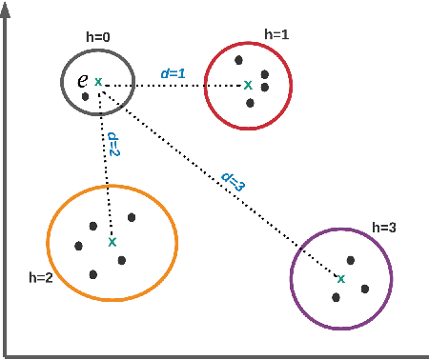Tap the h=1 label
(x=276, y=34)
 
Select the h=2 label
(x=42, y=278)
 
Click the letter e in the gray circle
(x=83, y=81)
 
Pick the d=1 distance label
(x=172, y=72)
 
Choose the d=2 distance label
(x=112, y=143)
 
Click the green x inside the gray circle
(x=98, y=82)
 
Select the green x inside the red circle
(x=248, y=85)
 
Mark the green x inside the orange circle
(x=112, y=242)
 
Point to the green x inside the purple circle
(x=340, y=279)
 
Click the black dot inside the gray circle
(x=86, y=96)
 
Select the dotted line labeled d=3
(x=219, y=181)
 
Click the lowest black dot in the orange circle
(x=94, y=274)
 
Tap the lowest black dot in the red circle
(x=250, y=102)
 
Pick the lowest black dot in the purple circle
(x=337, y=297)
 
